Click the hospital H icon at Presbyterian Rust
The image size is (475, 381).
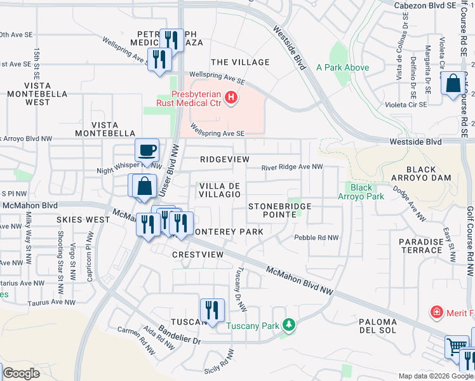point(232,98)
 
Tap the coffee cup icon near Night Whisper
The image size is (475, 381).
point(147,150)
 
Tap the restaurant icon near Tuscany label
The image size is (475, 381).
point(212,310)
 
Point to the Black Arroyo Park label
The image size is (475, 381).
point(361,192)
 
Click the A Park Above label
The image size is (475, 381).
point(343,67)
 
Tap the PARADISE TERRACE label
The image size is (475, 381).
point(421,246)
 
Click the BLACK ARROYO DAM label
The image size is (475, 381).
point(421,174)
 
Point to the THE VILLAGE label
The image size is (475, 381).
point(240,62)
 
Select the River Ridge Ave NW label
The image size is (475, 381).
point(293,168)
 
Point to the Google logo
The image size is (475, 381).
point(21,373)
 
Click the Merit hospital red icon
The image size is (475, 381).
point(436,312)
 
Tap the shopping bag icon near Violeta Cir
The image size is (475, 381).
point(453,84)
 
